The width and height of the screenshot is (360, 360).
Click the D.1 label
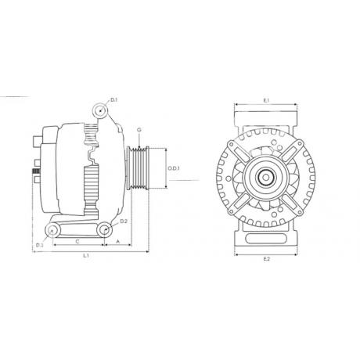[x=114, y=99]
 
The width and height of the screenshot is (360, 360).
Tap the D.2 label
[x=124, y=221]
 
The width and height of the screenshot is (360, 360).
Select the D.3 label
[x=40, y=245]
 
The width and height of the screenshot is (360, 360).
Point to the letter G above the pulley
[x=139, y=130]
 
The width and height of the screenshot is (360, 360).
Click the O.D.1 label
[x=174, y=168]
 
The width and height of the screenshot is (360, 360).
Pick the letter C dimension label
[x=77, y=242]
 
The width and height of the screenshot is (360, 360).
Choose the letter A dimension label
[x=117, y=242]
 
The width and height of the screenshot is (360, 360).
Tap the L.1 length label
[x=86, y=256]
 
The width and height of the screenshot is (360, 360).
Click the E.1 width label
[x=266, y=100]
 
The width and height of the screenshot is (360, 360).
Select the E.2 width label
[x=266, y=259]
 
